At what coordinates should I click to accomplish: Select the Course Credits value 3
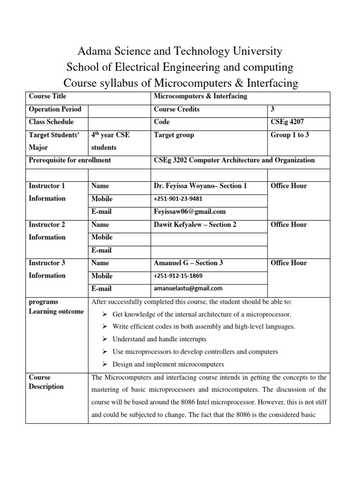click(273, 109)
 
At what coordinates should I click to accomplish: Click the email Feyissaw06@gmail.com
click(190, 211)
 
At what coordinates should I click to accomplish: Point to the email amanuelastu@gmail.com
click(188, 288)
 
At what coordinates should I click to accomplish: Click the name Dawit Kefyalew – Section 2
click(195, 225)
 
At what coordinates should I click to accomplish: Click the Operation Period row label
click(55, 109)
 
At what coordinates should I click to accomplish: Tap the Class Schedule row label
click(51, 122)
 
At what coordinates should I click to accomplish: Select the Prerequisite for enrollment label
click(70, 160)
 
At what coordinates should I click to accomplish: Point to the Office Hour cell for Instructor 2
click(289, 225)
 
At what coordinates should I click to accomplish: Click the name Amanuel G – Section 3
click(188, 263)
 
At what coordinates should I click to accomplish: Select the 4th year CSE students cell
click(110, 141)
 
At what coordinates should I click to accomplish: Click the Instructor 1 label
click(47, 186)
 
